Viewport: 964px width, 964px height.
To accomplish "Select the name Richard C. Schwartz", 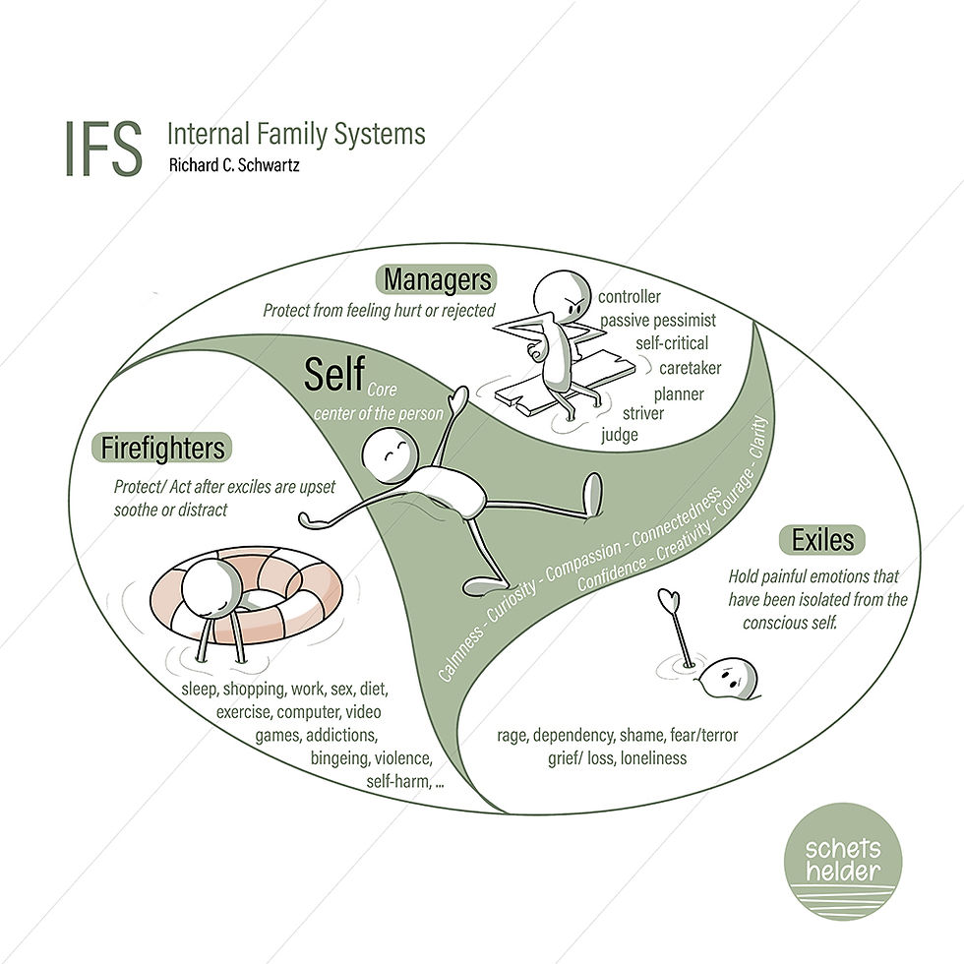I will [x=233, y=166].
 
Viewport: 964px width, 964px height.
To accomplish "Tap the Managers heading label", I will [x=437, y=279].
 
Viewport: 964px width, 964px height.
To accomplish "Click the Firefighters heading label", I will [x=163, y=449].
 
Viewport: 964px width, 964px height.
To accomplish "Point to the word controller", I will [x=630, y=296].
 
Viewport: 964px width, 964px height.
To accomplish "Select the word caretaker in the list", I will [x=690, y=368].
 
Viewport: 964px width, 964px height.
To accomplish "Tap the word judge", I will [x=620, y=435].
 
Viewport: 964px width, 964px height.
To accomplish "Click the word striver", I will [x=642, y=413].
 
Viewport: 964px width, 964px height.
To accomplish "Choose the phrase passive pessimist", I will [x=658, y=320].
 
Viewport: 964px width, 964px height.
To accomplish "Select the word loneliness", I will [x=652, y=757].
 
